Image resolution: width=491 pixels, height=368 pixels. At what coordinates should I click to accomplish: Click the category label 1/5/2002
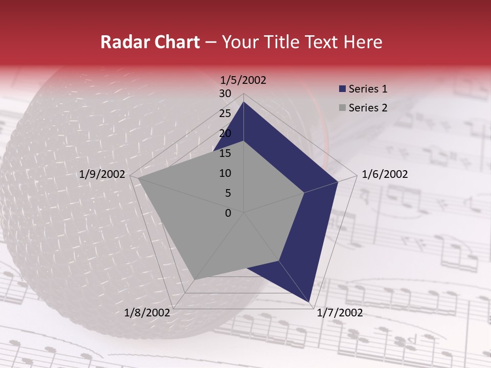pos(243,80)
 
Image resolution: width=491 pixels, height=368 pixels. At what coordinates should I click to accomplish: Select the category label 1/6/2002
pos(385,174)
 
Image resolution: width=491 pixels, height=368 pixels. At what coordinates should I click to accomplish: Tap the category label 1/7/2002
pos(340,313)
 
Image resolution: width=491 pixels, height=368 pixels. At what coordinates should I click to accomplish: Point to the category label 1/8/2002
pos(147,313)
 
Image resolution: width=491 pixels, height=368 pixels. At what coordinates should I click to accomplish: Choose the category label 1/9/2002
pos(102,174)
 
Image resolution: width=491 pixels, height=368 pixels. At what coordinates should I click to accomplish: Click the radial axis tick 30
pos(225,94)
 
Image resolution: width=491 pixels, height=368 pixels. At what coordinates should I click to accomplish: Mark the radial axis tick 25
pos(225,113)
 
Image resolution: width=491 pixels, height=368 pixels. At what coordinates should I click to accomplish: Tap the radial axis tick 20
pos(225,133)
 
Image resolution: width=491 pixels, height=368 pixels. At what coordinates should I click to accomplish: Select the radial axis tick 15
pos(225,153)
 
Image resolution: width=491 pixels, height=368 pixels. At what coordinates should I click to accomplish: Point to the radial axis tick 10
pos(225,173)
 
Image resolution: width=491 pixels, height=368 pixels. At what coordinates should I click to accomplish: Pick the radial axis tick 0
pos(228,213)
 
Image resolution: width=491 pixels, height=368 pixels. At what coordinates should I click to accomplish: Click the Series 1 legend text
pos(368,89)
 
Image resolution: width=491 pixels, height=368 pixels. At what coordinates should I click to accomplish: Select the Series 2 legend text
pos(368,108)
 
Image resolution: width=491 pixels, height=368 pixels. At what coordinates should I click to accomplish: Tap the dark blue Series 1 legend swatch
pos(343,89)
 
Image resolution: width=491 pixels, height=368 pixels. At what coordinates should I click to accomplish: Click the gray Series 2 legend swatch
pos(343,108)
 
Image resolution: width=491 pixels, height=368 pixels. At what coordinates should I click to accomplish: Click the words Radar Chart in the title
pos(150,42)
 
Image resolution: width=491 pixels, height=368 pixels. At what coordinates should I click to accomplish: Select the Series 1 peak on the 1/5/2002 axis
pos(243,102)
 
